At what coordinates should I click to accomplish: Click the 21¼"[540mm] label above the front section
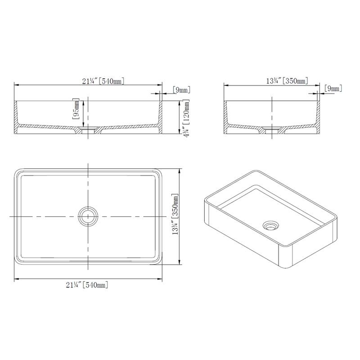103,81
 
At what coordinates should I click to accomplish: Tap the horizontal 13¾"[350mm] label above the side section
287,81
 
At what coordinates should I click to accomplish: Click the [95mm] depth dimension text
76,110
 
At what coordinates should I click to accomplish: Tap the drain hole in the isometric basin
270,225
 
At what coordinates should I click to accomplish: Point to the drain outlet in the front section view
88,130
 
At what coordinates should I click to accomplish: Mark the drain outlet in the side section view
272,130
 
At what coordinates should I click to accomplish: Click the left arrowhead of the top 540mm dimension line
17,85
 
